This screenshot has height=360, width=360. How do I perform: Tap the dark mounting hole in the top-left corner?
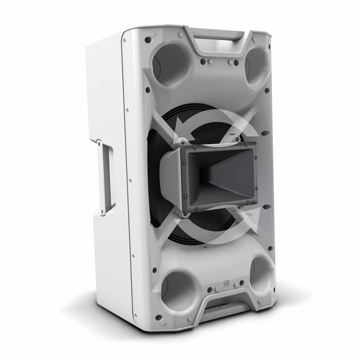(148, 39)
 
